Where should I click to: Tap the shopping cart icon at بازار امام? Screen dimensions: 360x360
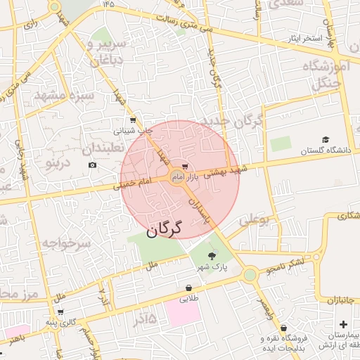[185, 167]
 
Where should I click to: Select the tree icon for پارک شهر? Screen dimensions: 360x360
[212, 255]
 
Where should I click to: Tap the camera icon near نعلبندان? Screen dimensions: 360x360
[92, 165]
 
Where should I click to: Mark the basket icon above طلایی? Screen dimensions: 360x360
[188, 288]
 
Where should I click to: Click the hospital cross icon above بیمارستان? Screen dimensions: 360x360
[342, 325]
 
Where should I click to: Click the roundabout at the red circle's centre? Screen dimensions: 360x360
[176, 177]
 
